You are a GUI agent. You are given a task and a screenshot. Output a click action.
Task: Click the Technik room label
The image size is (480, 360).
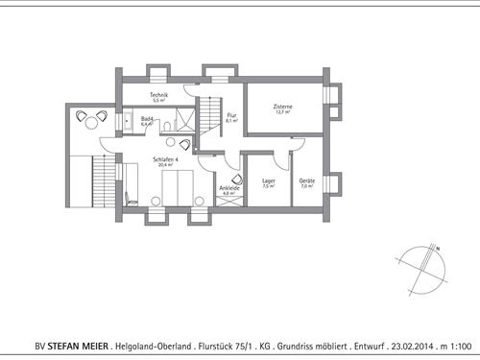click(x=159, y=95)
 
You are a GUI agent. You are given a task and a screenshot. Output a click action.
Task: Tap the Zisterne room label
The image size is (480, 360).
click(x=282, y=107)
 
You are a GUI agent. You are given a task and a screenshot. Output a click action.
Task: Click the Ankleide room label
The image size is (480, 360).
click(x=228, y=188)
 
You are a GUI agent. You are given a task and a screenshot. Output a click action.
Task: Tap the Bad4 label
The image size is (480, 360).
click(x=148, y=119)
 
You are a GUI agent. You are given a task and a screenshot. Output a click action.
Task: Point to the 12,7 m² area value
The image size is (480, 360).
click(x=282, y=112)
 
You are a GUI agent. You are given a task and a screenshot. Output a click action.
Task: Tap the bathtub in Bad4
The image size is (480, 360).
click(x=127, y=120)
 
